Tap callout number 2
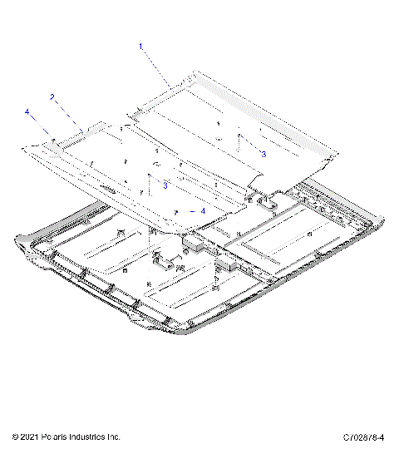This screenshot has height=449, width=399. [52, 97]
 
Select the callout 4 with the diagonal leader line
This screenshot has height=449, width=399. [27, 111]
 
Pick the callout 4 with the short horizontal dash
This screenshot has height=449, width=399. [203, 211]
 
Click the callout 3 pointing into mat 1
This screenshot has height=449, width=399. [264, 154]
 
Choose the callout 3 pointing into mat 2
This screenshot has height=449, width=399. [165, 185]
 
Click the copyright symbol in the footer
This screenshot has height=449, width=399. [16, 437]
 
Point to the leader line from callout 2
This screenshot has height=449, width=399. [67, 111]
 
